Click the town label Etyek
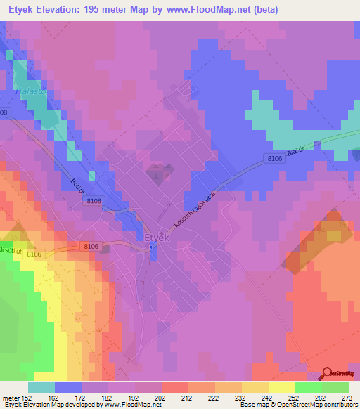pos(156,238)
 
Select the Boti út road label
pos(77,186)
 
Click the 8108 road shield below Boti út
pos(94,201)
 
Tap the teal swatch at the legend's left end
pos(41,387)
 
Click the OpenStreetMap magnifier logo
pos(327,374)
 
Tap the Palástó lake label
pos(30,92)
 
